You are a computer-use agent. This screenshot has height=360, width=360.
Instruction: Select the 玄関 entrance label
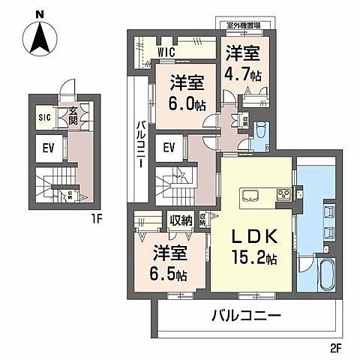(x=73, y=115)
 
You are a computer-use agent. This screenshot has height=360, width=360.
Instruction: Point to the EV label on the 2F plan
(x=169, y=147)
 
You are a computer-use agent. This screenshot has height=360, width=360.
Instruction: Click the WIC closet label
(x=166, y=51)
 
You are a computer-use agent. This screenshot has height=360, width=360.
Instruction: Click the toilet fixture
(x=259, y=131)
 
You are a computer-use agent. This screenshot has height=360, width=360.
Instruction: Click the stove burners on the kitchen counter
(x=285, y=194)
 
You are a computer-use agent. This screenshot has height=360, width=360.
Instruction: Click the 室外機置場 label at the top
(x=243, y=25)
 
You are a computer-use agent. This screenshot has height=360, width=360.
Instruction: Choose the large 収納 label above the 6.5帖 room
(x=181, y=220)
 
